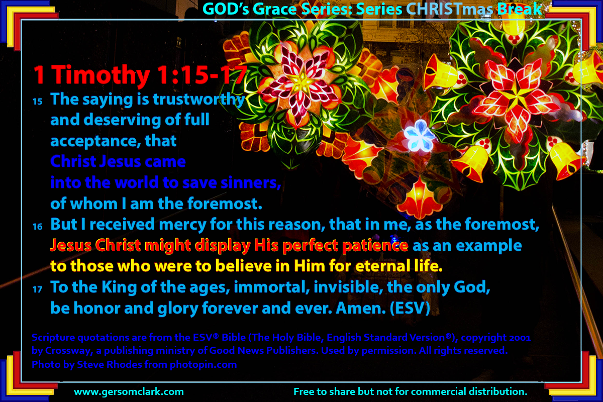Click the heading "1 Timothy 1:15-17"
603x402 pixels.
[x=140, y=75]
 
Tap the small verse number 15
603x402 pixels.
[x=37, y=102]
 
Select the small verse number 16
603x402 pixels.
[x=37, y=227]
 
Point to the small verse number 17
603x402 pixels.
[x=37, y=289]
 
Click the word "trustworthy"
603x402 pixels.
[x=199, y=99]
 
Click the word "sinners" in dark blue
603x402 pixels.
[x=251, y=183]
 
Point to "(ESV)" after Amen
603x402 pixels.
[x=410, y=308]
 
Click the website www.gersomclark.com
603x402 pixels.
[x=129, y=392]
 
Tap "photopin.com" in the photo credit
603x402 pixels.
[x=203, y=365]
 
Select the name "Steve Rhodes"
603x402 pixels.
[x=110, y=365]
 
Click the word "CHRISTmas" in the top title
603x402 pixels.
[x=450, y=10]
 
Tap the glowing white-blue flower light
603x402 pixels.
[x=419, y=136]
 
